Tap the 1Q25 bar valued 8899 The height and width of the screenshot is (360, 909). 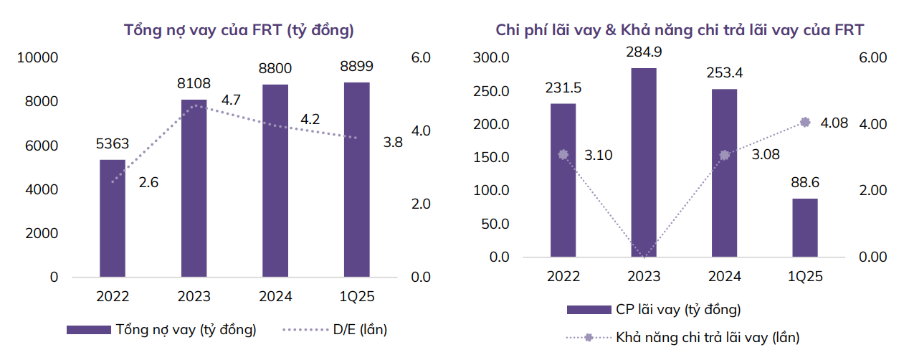(356, 179)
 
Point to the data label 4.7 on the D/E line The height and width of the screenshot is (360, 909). (231, 100)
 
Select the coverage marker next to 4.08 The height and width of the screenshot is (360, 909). (804, 123)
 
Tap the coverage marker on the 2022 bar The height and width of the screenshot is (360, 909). (563, 154)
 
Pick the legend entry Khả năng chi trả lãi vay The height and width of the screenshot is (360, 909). (707, 336)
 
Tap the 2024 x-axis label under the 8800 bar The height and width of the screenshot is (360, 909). (275, 296)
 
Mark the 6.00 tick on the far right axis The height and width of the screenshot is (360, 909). (873, 58)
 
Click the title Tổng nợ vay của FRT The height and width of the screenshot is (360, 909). (239, 30)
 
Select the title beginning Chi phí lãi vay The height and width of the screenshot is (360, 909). (680, 30)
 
